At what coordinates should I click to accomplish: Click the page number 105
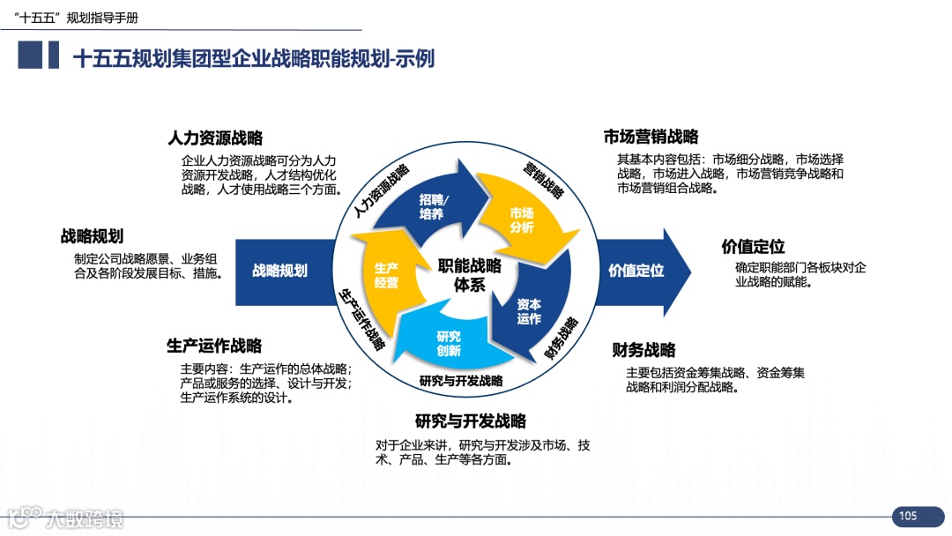[x=909, y=516]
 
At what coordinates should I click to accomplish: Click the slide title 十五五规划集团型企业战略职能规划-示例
[x=253, y=58]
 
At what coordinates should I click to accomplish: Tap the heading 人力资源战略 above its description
[x=215, y=138]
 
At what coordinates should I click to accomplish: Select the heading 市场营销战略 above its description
[x=651, y=137]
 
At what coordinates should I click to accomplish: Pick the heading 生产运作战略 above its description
[x=214, y=345]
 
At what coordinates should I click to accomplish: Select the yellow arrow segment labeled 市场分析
[x=522, y=220]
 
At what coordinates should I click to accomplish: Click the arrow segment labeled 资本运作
[x=529, y=311]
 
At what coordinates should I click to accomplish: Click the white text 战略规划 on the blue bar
[x=280, y=271]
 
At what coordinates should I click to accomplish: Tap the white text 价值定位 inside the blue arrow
[x=636, y=271]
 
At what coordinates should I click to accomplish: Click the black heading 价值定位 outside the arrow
[x=753, y=246]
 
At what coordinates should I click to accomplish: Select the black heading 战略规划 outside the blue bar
[x=92, y=236]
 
